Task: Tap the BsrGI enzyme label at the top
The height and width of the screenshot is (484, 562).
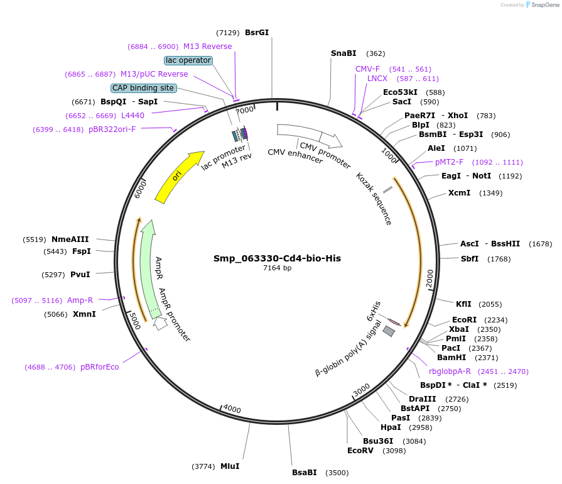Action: [257, 32]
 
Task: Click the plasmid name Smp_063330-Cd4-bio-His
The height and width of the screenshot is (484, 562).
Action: [277, 258]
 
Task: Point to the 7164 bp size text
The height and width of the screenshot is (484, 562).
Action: [277, 268]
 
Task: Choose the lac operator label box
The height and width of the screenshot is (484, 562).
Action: [188, 60]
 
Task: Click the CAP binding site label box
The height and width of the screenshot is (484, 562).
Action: [143, 88]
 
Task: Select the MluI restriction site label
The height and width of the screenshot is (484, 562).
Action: [230, 466]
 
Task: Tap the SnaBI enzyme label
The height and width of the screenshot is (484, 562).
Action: [343, 53]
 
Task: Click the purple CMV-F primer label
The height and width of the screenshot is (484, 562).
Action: [367, 69]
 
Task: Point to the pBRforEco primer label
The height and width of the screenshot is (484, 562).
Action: [99, 366]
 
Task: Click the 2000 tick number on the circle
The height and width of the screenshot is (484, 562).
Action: [430, 278]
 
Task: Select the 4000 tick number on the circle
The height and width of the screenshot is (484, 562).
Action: [232, 409]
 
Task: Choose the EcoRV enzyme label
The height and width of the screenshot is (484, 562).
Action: [360, 450]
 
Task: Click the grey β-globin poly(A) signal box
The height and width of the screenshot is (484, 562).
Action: [389, 330]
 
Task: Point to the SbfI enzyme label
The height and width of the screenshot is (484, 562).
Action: [470, 258]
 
